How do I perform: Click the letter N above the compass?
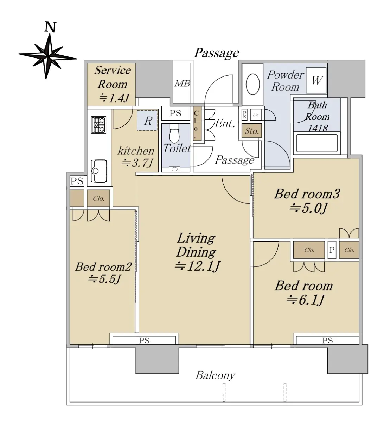(x=50, y=27)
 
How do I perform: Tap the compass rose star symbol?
(x=48, y=56)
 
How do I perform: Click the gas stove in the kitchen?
(x=98, y=125)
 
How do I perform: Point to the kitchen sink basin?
(x=99, y=171)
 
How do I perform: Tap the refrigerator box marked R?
(x=147, y=121)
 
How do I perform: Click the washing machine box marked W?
(x=316, y=80)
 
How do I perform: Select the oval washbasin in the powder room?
(x=253, y=84)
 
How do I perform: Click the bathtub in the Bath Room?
(x=317, y=143)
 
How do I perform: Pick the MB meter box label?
(x=182, y=84)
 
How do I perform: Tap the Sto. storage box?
(x=252, y=131)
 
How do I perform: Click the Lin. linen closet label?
(x=256, y=115)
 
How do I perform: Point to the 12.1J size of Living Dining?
(x=197, y=266)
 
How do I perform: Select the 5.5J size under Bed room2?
(x=104, y=279)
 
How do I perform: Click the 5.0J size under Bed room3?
(x=308, y=208)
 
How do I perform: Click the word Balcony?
(x=215, y=375)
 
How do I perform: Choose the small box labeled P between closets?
(x=332, y=250)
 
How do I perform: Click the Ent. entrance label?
(x=224, y=124)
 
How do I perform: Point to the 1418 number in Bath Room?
(x=318, y=128)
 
